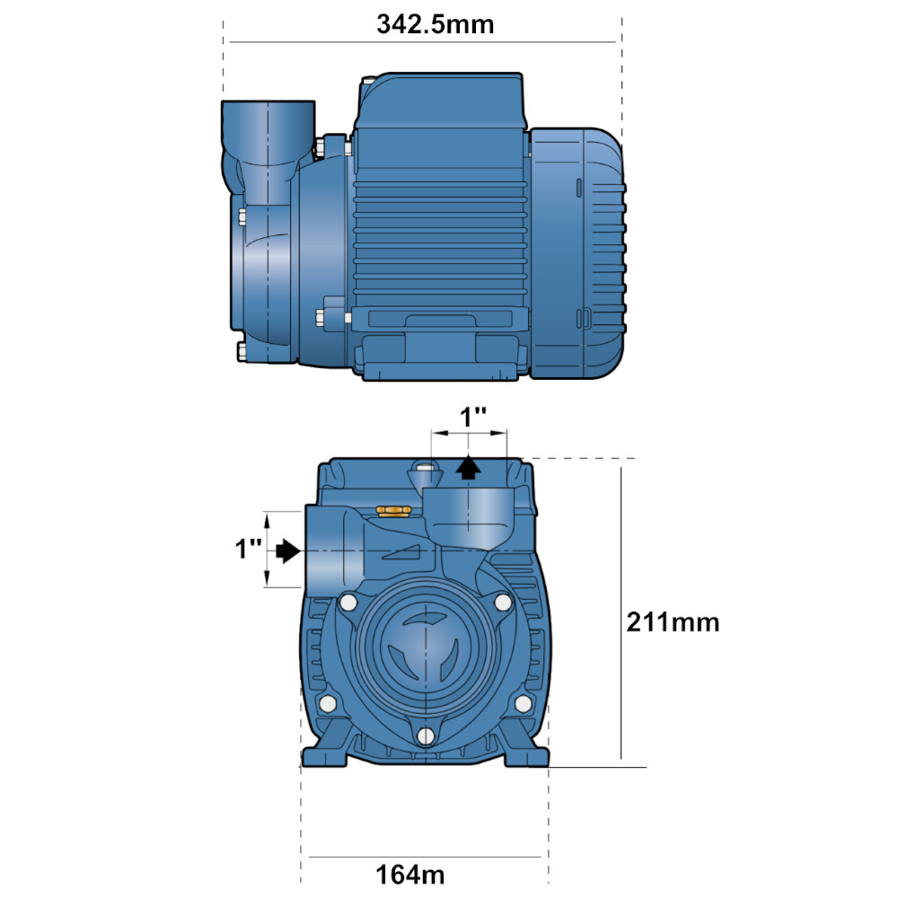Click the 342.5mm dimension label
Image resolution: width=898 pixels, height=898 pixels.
click(x=436, y=24)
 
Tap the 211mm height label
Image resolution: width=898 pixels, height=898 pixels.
click(x=673, y=622)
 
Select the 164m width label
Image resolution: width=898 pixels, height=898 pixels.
click(x=410, y=875)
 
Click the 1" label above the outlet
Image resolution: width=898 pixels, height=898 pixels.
click(x=473, y=417)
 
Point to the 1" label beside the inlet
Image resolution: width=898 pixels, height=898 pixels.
click(x=249, y=548)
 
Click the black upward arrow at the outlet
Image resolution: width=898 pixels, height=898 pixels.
click(x=469, y=466)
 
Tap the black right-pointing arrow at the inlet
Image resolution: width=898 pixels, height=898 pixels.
click(x=288, y=551)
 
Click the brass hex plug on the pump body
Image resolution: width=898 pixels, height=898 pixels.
click(x=393, y=511)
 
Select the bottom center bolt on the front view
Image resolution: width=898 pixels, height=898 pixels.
click(x=425, y=736)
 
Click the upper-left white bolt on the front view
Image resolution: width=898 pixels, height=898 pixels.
click(x=348, y=603)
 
